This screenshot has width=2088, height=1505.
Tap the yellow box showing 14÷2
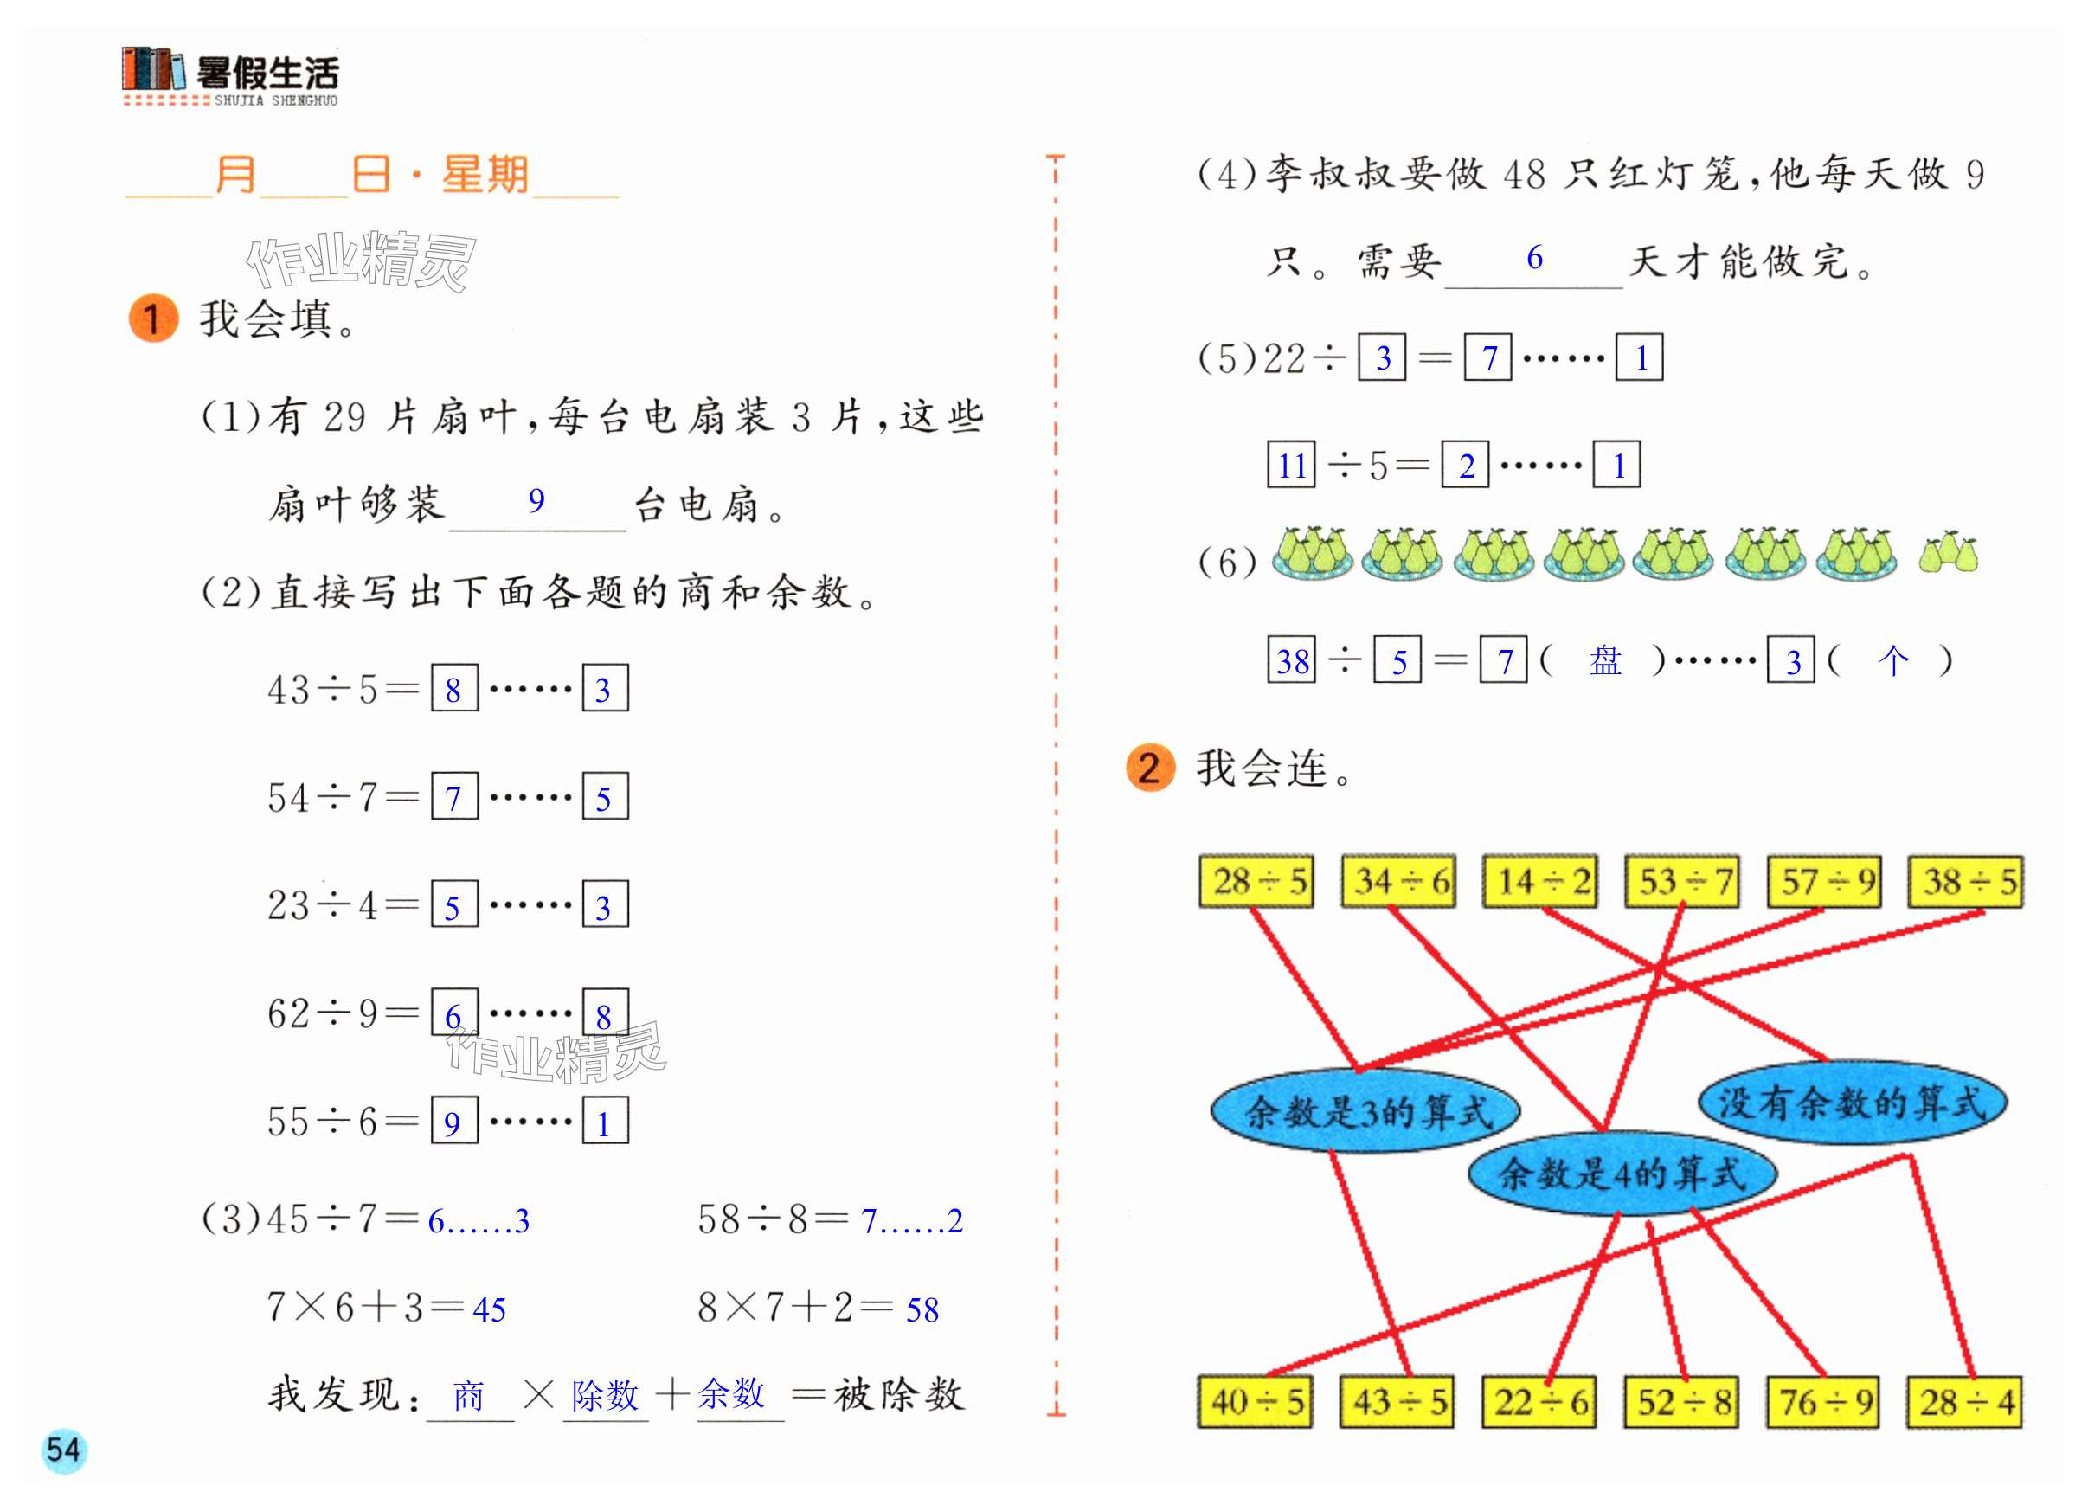pyautogui.click(x=1540, y=882)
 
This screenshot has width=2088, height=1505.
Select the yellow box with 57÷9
pyautogui.click(x=1824, y=882)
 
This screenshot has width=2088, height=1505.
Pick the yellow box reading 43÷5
pyautogui.click(x=1397, y=1402)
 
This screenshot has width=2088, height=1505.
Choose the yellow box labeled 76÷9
pyautogui.click(x=1824, y=1402)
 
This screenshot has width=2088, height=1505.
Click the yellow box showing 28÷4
pyautogui.click(x=1965, y=1402)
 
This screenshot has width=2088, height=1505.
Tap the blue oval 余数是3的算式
pyautogui.click(x=1365, y=1111)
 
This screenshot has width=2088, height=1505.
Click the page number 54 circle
pyautogui.click(x=63, y=1450)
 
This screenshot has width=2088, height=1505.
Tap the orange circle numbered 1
pyautogui.click(x=153, y=318)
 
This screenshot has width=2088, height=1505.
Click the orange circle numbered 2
pyautogui.click(x=1150, y=768)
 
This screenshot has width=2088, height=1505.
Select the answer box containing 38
pyautogui.click(x=1292, y=660)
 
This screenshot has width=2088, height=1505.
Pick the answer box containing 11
pyautogui.click(x=1292, y=466)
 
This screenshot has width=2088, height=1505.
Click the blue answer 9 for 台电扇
pyautogui.click(x=536, y=501)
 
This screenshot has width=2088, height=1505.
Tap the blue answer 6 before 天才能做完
pyautogui.click(x=1534, y=258)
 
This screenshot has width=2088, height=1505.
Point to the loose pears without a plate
pyautogui.click(x=1948, y=553)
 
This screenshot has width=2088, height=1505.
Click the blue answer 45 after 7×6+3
pyautogui.click(x=489, y=1309)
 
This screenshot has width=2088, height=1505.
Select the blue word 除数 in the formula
pyautogui.click(x=605, y=1395)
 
